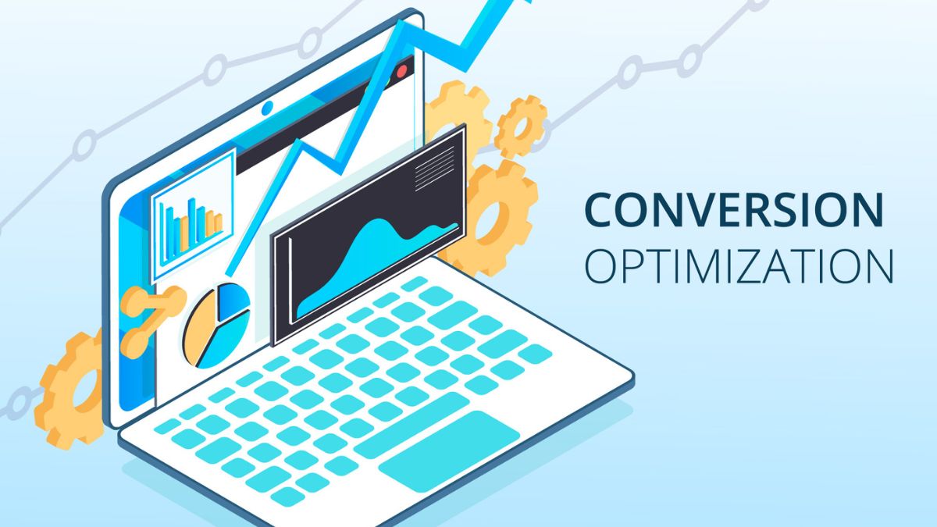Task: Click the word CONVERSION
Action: [x=734, y=209]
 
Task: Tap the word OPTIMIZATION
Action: [x=739, y=266]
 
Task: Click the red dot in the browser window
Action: [x=402, y=71]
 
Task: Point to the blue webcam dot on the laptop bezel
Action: [x=267, y=107]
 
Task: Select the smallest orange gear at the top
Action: [x=520, y=125]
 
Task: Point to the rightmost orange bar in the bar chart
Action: [x=218, y=226]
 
